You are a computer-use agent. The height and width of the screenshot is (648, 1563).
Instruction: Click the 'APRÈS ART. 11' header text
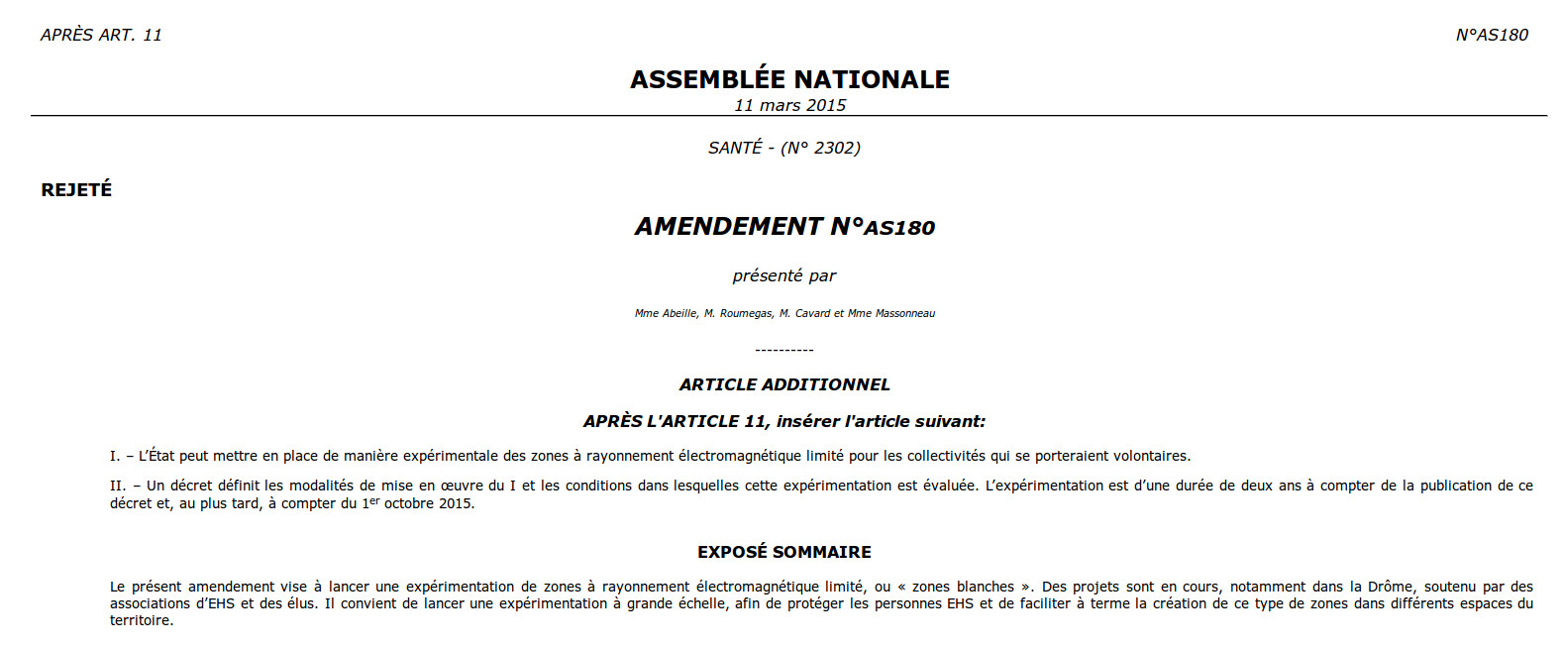101,35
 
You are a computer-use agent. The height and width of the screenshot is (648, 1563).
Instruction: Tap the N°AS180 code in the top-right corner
1491,35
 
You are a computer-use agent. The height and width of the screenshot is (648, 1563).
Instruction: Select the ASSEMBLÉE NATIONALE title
789,79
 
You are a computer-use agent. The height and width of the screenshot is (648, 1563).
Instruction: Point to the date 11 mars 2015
789,105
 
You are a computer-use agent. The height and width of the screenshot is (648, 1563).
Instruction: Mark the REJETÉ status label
76,189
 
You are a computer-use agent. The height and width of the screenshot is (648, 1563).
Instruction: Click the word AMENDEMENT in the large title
729,227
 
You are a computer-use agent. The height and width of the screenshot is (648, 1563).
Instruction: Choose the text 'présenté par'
783,275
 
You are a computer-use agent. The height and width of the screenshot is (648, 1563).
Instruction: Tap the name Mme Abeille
666,313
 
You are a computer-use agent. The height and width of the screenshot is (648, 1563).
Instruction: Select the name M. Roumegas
738,313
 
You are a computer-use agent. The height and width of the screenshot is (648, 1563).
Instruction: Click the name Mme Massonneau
891,313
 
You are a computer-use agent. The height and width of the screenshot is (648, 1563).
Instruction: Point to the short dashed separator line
783,350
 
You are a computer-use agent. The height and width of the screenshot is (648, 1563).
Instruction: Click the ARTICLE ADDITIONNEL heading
783,384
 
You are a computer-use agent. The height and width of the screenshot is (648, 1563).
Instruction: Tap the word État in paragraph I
161,456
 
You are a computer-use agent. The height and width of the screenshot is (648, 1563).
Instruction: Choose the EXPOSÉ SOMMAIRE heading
783,552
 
